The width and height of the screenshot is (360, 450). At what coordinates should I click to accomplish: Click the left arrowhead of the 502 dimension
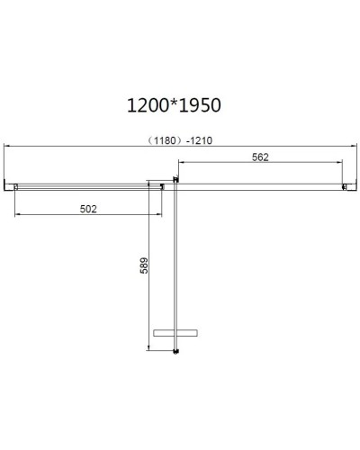18,216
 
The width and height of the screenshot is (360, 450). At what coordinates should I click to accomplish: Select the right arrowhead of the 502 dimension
158,216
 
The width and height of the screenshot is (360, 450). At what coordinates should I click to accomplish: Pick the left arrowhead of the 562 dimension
181,164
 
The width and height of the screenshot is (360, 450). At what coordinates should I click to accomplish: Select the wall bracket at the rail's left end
13,186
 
